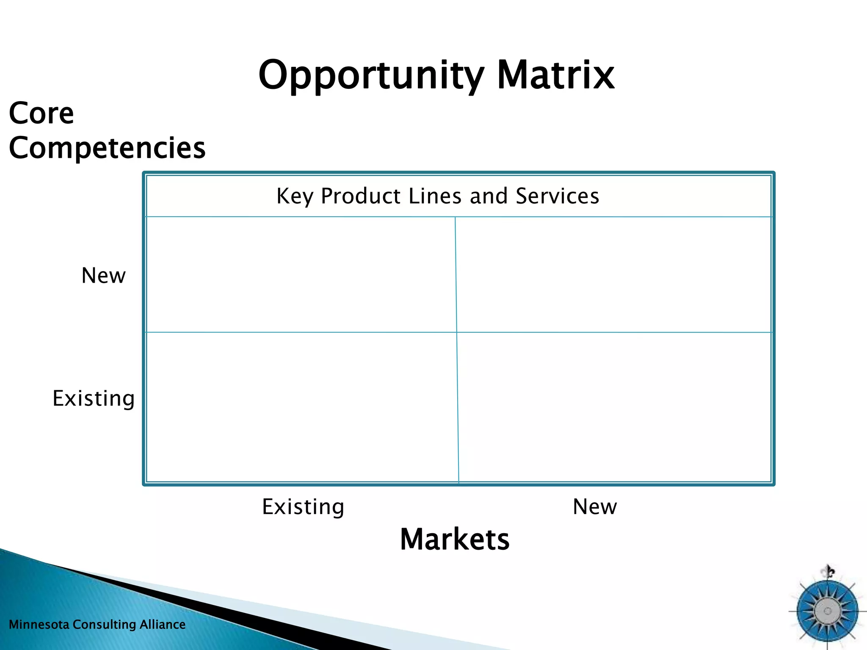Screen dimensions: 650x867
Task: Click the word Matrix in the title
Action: pos(555,75)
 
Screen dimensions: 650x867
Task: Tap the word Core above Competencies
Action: pos(41,113)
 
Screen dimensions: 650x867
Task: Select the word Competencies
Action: pos(107,148)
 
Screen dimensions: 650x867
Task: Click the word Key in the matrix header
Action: pos(295,196)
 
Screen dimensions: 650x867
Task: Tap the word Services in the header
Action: pos(557,196)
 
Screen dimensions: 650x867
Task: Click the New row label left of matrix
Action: pos(103,276)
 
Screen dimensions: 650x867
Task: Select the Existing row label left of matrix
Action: pos(94,399)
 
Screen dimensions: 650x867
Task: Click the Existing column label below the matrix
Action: pos(303,507)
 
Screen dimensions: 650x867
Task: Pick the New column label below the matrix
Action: pos(595,507)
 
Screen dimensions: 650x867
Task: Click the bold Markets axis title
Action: pos(455,540)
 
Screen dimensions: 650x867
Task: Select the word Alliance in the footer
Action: pos(163,625)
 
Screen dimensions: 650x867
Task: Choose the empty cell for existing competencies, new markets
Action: pos(614,406)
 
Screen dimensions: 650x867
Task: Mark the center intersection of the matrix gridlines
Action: pos(457,332)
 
